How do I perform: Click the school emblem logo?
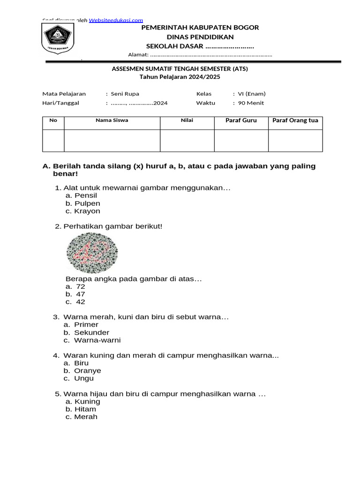tap(58, 39)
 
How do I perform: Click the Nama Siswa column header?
tap(112, 120)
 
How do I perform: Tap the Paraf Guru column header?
tap(241, 120)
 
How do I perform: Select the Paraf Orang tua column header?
tap(295, 120)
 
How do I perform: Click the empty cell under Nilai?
tap(187, 141)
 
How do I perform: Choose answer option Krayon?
tap(87, 211)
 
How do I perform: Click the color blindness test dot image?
tap(92, 254)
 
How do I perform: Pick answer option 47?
tap(80, 294)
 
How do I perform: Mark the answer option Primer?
tap(86, 325)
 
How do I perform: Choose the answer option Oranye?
tap(88, 371)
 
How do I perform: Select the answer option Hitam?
tap(85, 409)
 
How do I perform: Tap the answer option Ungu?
tap(84, 378)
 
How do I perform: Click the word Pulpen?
tap(87, 203)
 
